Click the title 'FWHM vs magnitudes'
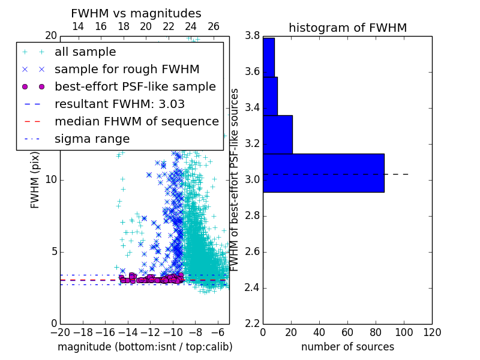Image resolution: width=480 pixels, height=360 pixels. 136,13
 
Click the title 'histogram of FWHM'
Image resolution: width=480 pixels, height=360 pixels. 348,28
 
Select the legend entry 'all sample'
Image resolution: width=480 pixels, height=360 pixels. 85,52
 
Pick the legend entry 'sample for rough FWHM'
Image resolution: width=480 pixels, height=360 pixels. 127,70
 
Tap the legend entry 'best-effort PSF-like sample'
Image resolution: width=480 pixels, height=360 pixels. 136,87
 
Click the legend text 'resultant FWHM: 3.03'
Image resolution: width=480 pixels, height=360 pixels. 119,104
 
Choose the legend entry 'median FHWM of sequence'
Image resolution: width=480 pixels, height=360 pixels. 137,122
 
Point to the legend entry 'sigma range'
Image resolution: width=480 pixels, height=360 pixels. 92,139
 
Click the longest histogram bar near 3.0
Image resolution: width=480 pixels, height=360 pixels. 323,173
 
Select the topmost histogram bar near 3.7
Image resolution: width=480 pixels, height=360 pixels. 269,57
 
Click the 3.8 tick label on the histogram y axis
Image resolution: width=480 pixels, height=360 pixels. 252,36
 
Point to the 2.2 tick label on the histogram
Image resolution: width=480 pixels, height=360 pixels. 252,324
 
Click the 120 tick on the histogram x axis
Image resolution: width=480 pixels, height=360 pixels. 432,332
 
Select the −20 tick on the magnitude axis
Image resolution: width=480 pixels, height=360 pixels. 60,332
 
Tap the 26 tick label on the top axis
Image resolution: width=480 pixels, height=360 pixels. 214,26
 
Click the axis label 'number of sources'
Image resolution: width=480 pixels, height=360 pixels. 348,347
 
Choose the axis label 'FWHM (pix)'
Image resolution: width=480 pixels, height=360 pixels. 35,180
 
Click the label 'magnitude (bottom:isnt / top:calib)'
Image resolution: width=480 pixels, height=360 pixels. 145,347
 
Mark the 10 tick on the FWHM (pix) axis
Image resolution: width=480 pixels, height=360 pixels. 51,179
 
